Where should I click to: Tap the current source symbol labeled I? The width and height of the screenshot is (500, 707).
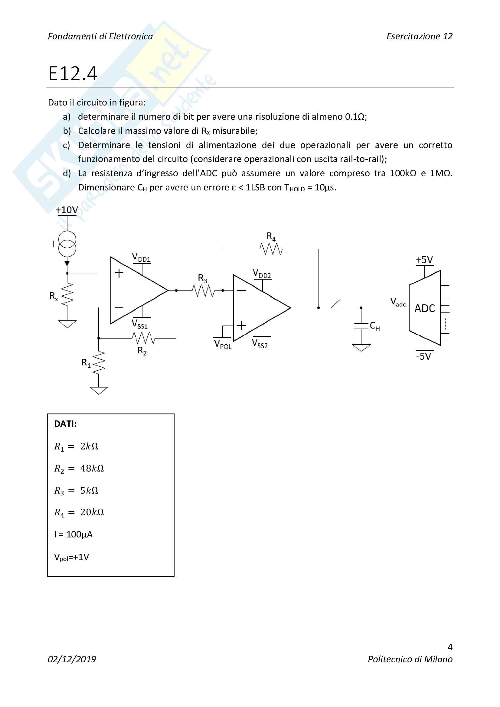click(x=67, y=244)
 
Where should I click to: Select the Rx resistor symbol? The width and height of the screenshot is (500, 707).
click(x=67, y=294)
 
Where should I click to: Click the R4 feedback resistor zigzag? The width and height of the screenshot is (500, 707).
click(x=271, y=249)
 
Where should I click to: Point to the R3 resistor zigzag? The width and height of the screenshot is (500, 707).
click(x=203, y=290)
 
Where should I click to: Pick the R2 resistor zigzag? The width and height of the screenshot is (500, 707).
click(x=143, y=338)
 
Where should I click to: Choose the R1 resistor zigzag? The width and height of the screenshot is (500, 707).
click(x=99, y=363)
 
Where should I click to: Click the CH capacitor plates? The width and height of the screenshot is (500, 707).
click(x=361, y=326)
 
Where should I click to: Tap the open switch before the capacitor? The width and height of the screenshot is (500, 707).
click(x=336, y=304)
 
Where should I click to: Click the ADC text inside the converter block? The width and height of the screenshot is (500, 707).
click(x=424, y=308)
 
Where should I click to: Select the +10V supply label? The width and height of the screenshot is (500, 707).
click(x=67, y=210)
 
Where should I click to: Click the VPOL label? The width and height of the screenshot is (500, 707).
click(x=222, y=344)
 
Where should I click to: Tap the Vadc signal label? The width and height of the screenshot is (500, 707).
click(x=398, y=302)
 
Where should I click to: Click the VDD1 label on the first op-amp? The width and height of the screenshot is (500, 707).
click(x=141, y=258)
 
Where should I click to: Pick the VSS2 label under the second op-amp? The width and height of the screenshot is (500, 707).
click(x=260, y=343)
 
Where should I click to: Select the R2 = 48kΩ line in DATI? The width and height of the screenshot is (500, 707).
click(x=79, y=468)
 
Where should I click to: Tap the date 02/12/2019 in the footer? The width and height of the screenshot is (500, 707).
click(x=72, y=659)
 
